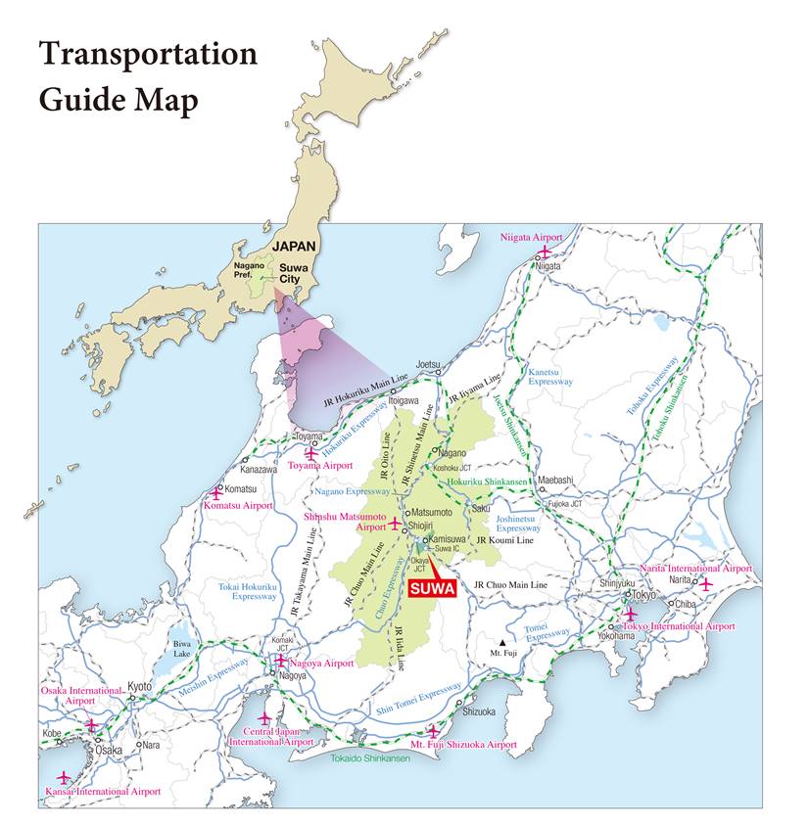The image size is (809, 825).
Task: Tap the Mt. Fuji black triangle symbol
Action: coord(503,642)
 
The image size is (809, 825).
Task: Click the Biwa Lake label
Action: coord(183,648)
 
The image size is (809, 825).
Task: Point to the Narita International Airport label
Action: coord(695,569)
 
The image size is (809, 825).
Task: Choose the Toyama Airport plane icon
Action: coord(311,453)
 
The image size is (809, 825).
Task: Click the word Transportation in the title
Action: coord(148,55)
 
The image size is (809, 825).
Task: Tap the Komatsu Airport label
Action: coord(238,506)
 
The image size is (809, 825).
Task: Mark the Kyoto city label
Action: coord(140,687)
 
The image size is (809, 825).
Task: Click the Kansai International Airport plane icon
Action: coord(64,777)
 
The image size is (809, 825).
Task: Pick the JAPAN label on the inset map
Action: coord(296,247)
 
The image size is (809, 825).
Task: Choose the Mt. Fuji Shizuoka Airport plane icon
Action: coord(432,730)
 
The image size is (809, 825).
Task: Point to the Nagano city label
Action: coord(452,453)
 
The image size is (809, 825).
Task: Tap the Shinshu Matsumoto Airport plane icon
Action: coord(395,524)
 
